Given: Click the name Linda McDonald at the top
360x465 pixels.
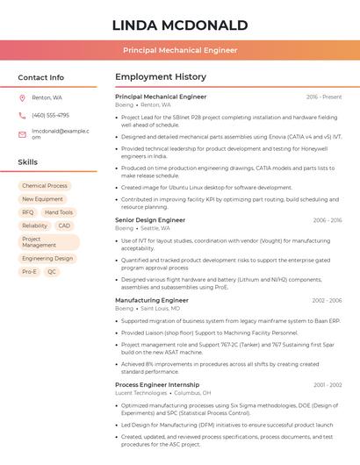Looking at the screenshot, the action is pos(180,25).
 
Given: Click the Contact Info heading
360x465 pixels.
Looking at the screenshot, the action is pos(41,77).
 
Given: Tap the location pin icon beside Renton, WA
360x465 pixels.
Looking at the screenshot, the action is pos(22,97).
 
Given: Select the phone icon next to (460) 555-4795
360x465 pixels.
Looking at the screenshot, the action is pos(22,115).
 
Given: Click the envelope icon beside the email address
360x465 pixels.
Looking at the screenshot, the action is pos(22,134).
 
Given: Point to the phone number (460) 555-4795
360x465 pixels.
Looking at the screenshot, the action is pos(50,115).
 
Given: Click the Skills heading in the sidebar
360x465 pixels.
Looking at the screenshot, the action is pos(28,162).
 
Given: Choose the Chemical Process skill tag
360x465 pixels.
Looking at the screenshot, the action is pos(45,186).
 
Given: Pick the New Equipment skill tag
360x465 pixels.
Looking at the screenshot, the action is pos(42,199).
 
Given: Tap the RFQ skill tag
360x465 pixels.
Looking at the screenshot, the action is pos(28,212).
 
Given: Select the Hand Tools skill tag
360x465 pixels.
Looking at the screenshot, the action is pos(59,212).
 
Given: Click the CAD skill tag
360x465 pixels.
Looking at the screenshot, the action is pos(64,225).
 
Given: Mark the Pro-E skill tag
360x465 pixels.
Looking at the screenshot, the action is pos(30,272).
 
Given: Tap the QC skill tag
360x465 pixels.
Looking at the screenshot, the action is pos(52,272).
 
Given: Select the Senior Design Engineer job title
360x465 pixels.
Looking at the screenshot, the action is pos(150,220).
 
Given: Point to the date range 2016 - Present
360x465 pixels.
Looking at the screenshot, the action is pos(324,97).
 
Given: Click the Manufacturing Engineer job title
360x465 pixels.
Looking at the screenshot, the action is pos(152,300).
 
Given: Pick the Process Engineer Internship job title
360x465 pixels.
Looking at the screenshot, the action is pos(157,384).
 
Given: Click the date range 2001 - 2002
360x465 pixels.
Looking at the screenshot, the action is pos(328,385).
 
